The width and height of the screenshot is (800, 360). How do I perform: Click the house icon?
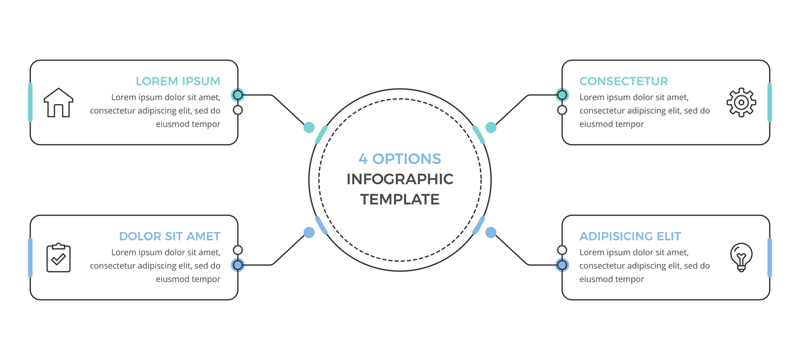[x=59, y=103]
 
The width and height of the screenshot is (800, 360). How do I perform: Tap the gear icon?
[x=741, y=103]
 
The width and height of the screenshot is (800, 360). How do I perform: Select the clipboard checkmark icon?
[x=59, y=257]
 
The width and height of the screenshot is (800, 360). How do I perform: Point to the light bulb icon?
[x=741, y=257]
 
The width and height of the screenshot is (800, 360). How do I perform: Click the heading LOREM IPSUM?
[x=177, y=81]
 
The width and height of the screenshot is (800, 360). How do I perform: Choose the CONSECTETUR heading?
[x=623, y=81]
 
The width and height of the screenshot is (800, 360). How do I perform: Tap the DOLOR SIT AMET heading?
[x=169, y=236]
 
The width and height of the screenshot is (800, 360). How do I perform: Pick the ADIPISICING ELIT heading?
[x=630, y=236]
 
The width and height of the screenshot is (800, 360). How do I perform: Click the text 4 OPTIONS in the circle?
[x=400, y=159]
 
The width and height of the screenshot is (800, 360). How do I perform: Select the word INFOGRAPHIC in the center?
[x=400, y=179]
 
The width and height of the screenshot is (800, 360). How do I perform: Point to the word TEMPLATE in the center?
[x=400, y=199]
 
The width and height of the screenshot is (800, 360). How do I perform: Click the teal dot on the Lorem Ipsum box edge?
[x=238, y=95]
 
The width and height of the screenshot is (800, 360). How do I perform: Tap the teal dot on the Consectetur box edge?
[x=562, y=95]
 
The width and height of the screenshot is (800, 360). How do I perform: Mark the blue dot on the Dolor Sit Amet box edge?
[x=238, y=265]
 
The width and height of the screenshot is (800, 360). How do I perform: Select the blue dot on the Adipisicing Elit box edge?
[x=562, y=265]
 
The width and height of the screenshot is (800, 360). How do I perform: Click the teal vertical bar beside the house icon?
[x=30, y=103]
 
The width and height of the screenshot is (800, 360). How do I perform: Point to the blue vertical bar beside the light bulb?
[x=770, y=257]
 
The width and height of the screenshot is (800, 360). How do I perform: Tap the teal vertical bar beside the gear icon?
[x=770, y=103]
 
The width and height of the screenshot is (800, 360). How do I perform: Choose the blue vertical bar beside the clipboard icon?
[x=30, y=257]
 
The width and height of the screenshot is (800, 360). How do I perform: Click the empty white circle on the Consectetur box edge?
[x=562, y=110]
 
